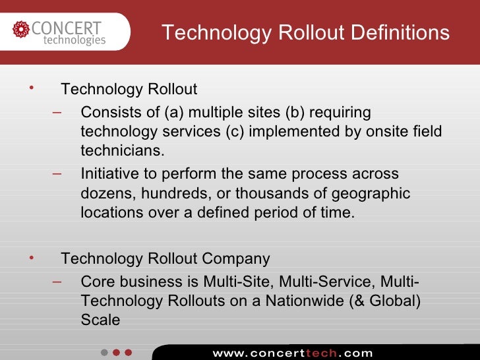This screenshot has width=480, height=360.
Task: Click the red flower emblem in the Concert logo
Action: click(21, 30)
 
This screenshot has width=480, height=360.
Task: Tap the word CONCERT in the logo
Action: click(66, 28)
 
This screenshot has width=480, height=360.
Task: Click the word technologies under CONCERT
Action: click(75, 40)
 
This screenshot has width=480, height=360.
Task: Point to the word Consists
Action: click(107, 113)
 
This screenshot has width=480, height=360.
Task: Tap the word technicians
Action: click(121, 151)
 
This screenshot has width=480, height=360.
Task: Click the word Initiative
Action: click(107, 174)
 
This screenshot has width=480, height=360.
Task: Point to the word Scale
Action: click(100, 320)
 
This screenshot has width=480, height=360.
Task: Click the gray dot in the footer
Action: click(104, 352)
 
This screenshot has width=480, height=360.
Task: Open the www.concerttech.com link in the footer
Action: click(292, 353)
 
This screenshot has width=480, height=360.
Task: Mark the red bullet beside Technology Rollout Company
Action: click(30, 256)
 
